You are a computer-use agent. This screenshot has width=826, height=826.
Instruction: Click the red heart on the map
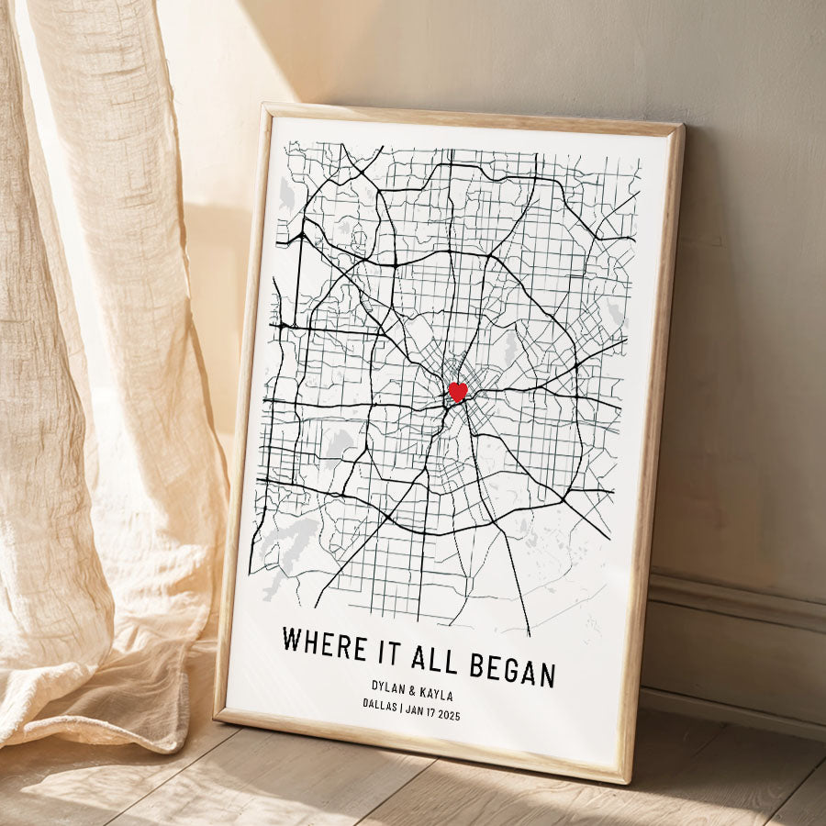(457, 392)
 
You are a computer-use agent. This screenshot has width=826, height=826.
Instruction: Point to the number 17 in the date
(428, 711)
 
